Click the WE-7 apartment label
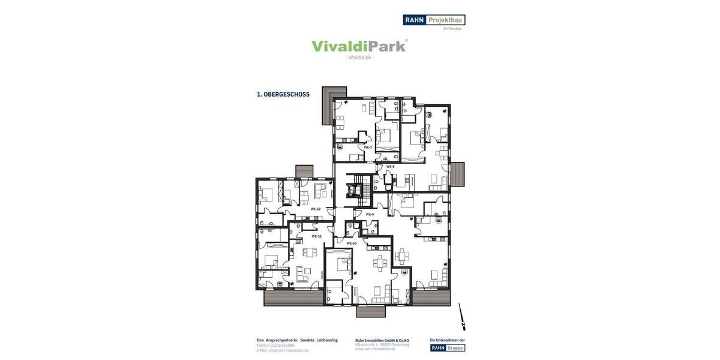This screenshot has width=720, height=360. (x=368, y=147)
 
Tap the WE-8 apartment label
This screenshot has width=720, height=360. (x=390, y=166)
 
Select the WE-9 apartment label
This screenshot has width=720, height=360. (x=370, y=214)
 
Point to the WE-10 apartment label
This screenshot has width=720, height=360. (x=352, y=243)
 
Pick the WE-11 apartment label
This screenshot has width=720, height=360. (x=316, y=236)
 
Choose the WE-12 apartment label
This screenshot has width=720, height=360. (x=315, y=209)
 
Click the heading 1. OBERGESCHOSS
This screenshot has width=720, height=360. (x=283, y=94)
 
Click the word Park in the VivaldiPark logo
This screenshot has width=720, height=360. (x=385, y=46)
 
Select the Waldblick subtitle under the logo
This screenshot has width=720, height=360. (x=360, y=58)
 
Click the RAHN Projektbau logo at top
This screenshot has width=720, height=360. (x=434, y=20)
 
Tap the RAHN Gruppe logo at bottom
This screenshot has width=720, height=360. (x=447, y=348)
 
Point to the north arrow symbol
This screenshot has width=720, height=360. (x=462, y=316)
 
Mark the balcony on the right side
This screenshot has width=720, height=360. (x=457, y=173)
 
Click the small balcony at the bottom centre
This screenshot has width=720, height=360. (x=371, y=311)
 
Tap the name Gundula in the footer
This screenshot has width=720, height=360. (x=307, y=340)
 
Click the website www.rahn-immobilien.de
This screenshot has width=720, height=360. (x=375, y=349)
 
